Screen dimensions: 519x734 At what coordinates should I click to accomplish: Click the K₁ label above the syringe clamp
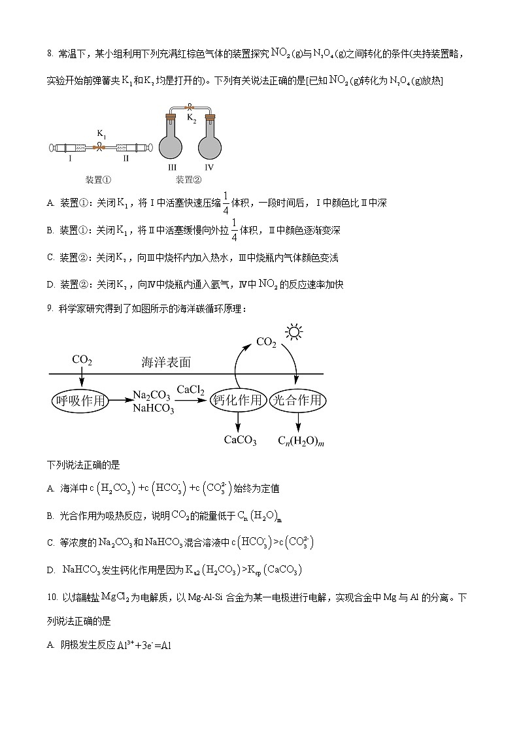102,134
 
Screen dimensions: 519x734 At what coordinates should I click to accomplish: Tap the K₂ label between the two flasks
192,118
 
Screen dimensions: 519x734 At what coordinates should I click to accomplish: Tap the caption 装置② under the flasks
188,179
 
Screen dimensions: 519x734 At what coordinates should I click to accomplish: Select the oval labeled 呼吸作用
80,401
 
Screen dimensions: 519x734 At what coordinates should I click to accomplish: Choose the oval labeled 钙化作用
237,401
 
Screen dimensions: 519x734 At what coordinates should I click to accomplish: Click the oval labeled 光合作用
297,401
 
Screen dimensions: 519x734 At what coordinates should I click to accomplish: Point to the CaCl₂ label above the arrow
191,390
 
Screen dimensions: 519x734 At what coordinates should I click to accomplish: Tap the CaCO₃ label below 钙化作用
240,440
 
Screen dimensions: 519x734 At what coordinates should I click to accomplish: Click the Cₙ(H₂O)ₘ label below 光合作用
301,440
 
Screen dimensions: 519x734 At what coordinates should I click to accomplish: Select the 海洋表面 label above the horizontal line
167,362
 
